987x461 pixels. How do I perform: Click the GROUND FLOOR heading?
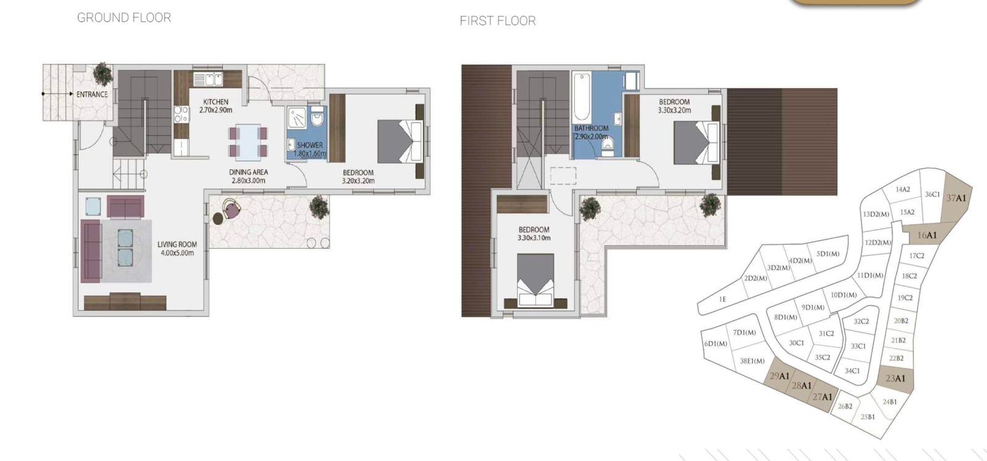[124, 18]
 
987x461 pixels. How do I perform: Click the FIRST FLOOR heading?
[497, 21]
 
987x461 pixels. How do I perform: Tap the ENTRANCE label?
[92, 94]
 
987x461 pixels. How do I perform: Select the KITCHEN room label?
[216, 102]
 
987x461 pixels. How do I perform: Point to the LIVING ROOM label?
[177, 244]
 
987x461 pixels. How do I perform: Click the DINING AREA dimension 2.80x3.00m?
[249, 181]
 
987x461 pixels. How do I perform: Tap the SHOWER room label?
[310, 145]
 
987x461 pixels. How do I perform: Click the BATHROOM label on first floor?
[591, 128]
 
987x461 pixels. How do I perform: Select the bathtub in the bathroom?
[582, 98]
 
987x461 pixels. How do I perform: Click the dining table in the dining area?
[248, 142]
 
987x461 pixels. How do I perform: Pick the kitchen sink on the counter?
[208, 80]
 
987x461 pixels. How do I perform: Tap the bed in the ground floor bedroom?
[400, 141]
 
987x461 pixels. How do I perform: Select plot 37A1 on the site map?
[956, 198]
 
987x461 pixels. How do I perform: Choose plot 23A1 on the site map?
[895, 378]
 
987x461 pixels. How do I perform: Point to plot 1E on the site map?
[722, 299]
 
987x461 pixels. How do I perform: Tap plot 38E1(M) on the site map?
[751, 361]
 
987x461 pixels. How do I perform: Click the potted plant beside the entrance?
[102, 73]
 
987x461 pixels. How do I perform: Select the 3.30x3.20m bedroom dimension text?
[674, 110]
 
